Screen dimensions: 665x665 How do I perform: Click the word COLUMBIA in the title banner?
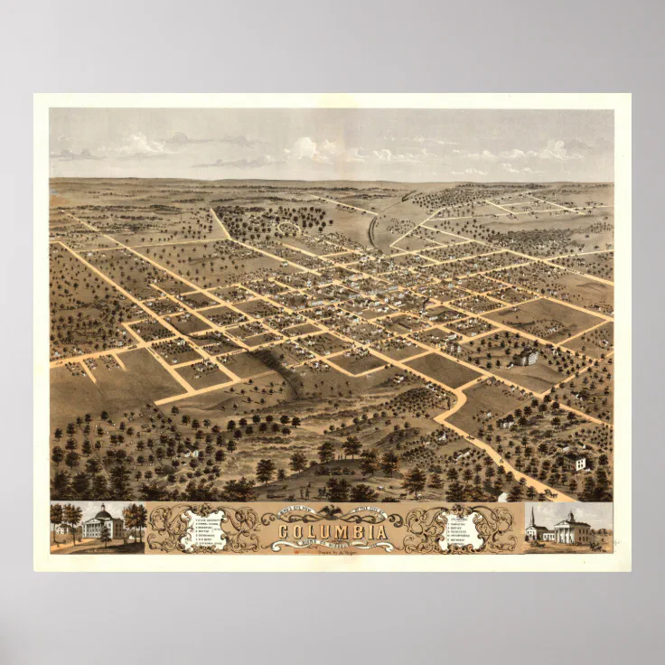click(333, 532)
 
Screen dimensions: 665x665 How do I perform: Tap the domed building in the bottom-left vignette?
click(102, 525)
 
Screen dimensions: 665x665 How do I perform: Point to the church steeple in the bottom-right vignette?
click(534, 519)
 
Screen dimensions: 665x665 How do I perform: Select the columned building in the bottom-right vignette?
click(571, 529)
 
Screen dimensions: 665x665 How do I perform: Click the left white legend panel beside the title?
click(202, 529)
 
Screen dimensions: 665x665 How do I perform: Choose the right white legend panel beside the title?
click(464, 530)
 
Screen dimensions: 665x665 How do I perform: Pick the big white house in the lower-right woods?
click(575, 463)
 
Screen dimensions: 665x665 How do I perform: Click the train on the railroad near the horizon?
click(408, 194)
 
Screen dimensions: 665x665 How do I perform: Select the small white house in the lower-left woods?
click(190, 451)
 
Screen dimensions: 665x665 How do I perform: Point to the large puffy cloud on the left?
click(145, 145)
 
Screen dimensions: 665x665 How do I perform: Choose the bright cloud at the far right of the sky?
click(553, 150)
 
